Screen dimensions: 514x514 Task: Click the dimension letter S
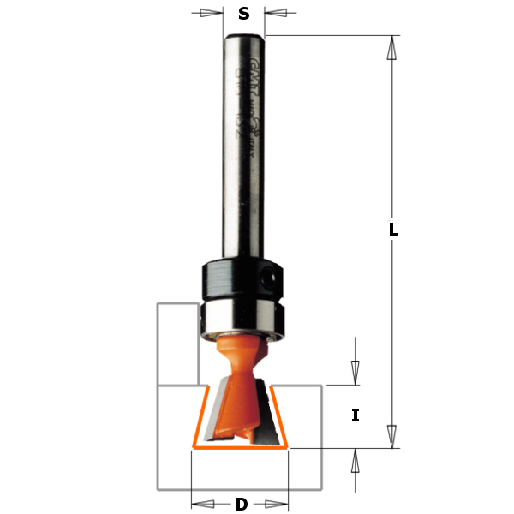[x=244, y=13]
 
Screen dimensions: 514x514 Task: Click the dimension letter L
[x=393, y=230]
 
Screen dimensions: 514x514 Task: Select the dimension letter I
[x=356, y=415]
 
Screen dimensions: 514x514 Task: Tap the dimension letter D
[x=241, y=504]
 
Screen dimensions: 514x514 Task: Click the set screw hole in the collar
[x=270, y=277]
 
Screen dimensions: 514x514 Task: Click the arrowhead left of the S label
[x=211, y=13]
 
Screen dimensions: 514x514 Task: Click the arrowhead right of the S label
[x=276, y=13]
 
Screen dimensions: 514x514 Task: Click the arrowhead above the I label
[x=356, y=372]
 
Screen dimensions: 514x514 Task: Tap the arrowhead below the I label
[x=356, y=461]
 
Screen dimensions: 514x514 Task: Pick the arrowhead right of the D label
[x=276, y=504]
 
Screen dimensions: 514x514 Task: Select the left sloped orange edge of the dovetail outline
[x=199, y=416]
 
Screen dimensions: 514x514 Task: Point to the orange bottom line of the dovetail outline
[x=241, y=447]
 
